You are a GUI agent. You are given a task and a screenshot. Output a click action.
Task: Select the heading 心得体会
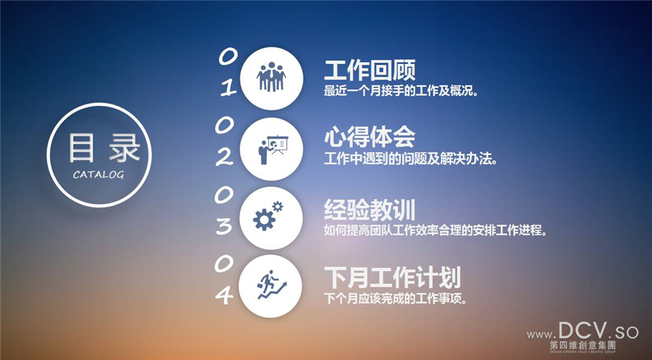click(x=369, y=137)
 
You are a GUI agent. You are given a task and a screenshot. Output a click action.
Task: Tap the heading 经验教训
click(x=369, y=209)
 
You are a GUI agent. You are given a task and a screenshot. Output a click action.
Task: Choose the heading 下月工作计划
click(x=393, y=277)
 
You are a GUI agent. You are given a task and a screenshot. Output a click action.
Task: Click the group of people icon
click(x=272, y=77)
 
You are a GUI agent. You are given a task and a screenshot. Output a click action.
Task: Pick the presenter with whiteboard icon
click(x=273, y=149)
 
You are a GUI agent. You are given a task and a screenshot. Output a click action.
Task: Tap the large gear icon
click(x=264, y=220)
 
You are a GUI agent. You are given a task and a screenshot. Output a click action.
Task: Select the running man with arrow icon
click(x=272, y=285)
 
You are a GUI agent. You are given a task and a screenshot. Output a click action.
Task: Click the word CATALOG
click(x=99, y=175)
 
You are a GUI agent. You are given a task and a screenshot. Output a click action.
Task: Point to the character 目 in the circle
click(x=81, y=148)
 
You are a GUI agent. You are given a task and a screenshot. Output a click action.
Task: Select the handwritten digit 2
click(x=225, y=158)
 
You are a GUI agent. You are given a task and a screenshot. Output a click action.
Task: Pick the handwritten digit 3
click(x=224, y=226)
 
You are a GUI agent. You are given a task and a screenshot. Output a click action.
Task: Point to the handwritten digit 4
click(x=225, y=296)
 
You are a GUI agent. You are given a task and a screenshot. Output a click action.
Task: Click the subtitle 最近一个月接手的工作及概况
click(x=401, y=91)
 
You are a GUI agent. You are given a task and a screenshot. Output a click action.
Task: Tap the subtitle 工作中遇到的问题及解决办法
click(x=411, y=159)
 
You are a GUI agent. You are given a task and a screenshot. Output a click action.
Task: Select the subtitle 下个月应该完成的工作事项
click(x=395, y=298)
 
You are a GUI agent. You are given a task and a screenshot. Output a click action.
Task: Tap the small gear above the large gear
click(x=277, y=206)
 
